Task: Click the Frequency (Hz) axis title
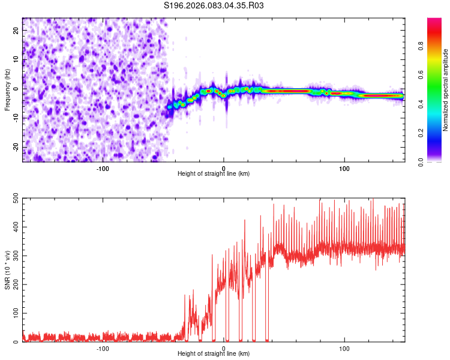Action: coord(7,89)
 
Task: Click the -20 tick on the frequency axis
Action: coord(16,148)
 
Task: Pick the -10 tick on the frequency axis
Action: coord(16,118)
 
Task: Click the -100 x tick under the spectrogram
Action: coord(103,168)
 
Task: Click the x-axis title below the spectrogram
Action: coord(214,174)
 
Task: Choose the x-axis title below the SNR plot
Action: coord(214,354)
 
